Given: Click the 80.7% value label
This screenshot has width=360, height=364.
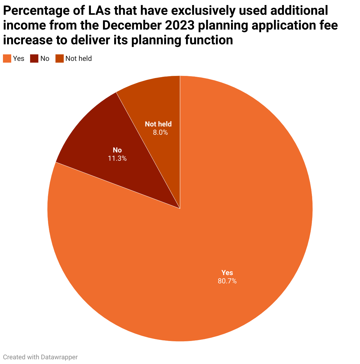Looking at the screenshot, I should (x=227, y=281).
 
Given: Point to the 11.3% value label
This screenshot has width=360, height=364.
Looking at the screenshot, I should (x=117, y=158).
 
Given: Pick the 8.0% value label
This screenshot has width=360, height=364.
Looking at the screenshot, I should (x=160, y=133).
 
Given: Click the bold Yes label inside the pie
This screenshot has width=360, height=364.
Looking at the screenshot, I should (x=227, y=273).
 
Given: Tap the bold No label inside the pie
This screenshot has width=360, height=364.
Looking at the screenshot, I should (x=117, y=150).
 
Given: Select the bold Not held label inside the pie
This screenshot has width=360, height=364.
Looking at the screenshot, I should (x=158, y=124).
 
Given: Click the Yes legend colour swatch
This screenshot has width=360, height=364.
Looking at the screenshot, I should (x=7, y=58).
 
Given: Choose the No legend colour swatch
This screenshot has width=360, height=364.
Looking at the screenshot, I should (x=34, y=58).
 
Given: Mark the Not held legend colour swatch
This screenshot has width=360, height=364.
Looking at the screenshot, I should (x=60, y=58).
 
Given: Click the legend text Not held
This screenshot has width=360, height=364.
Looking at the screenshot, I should (x=78, y=58).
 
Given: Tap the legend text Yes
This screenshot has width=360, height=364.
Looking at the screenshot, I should (x=19, y=58).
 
